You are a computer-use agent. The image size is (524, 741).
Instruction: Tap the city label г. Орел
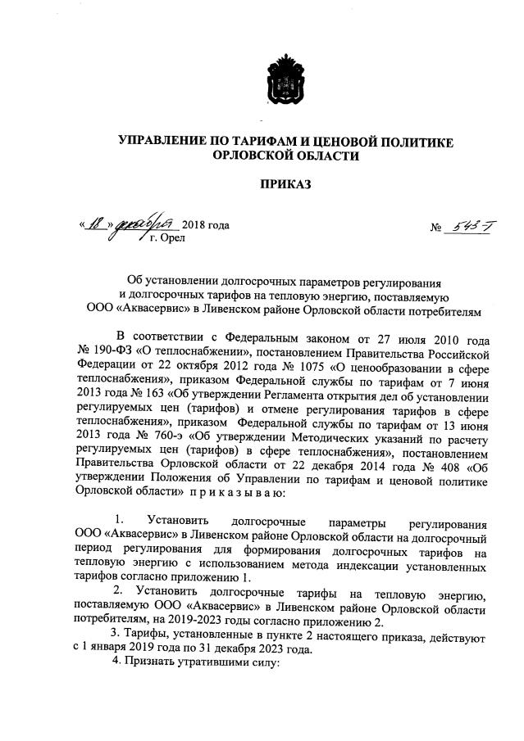click(167, 239)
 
